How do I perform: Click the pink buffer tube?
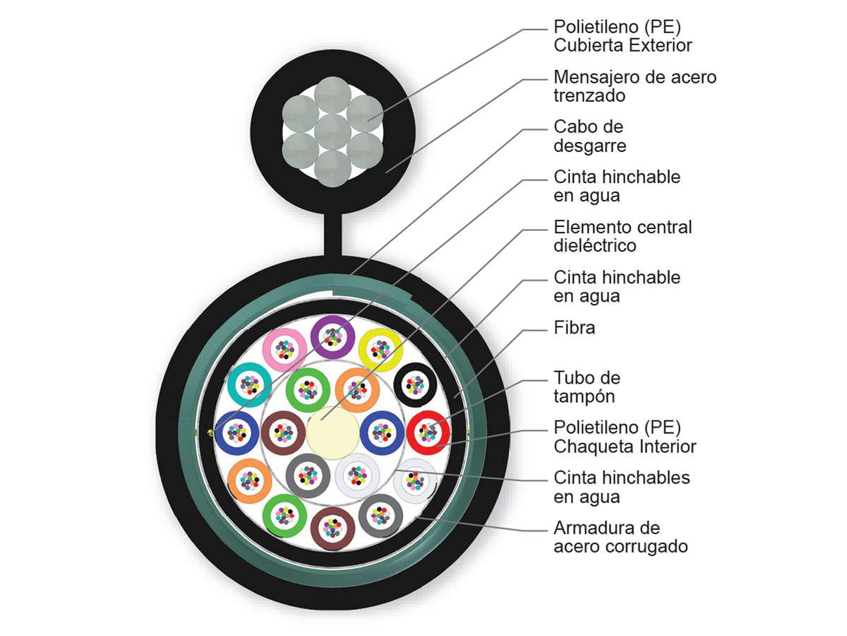tap(284, 348)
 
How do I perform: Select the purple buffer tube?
tap(332, 335)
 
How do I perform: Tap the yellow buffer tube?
tap(380, 348)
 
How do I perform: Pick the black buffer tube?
tap(415, 384)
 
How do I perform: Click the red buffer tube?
tap(428, 432)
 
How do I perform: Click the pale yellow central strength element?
tap(332, 432)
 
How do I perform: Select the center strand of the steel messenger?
tap(332, 131)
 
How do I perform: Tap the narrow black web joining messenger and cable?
tap(332, 233)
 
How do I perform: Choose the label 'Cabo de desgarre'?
tap(590, 136)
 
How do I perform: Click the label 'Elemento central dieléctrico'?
tap(623, 236)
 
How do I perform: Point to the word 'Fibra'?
tap(575, 328)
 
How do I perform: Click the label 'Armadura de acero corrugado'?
tap(620, 537)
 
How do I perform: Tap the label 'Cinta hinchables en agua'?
tap(622, 487)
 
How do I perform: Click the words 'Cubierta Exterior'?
tap(623, 45)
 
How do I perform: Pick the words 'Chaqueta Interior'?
tap(625, 447)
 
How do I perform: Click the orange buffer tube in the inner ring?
tap(357, 389)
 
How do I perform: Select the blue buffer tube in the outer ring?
tap(236, 432)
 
